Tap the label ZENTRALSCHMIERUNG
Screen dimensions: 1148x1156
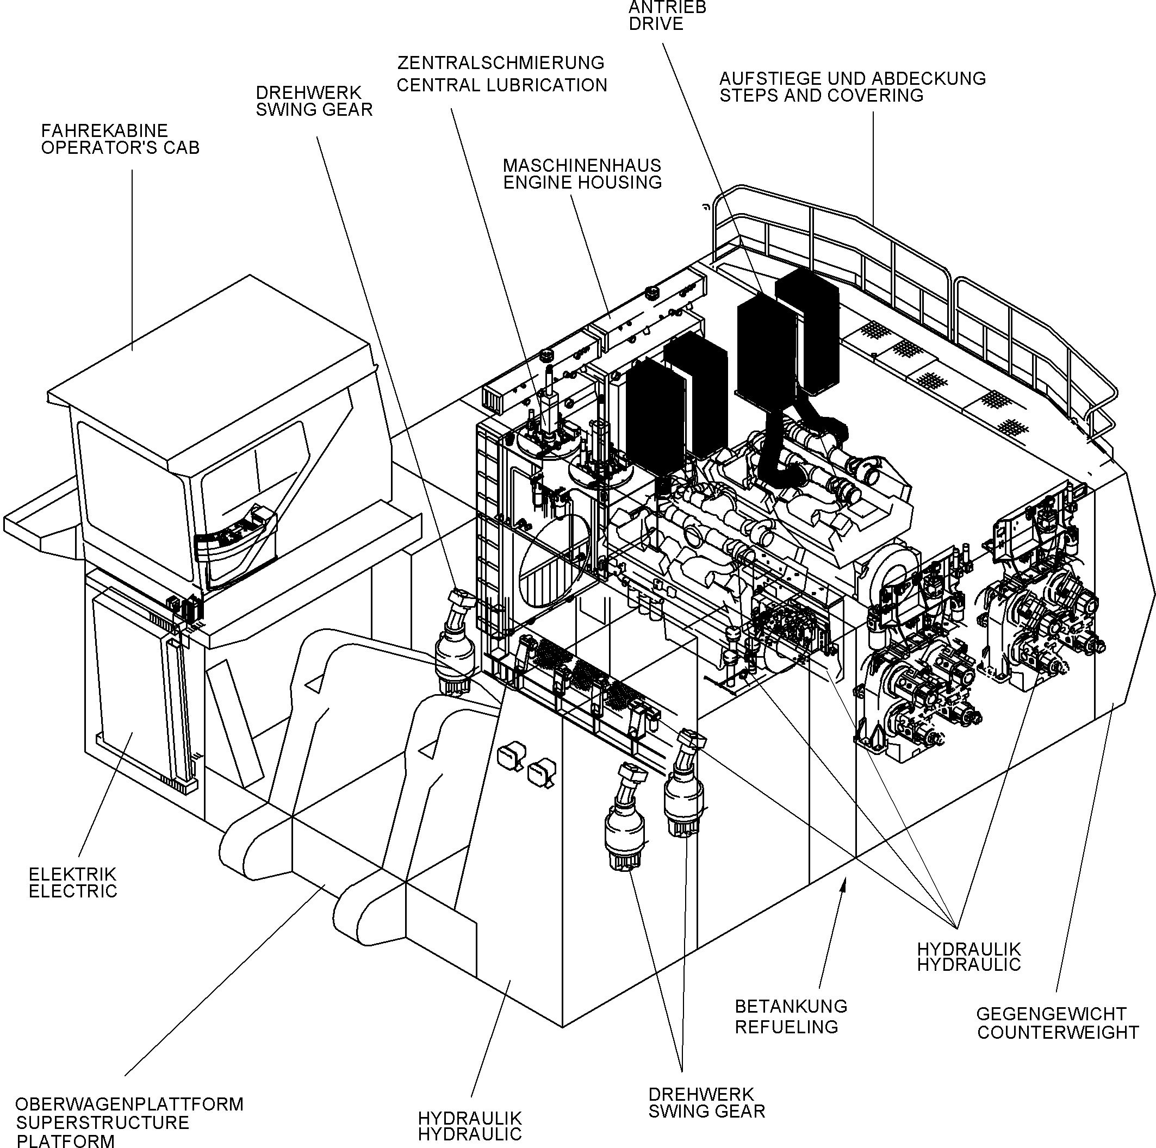(500, 63)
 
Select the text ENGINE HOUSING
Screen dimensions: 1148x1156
(582, 183)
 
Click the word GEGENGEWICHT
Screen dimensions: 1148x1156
(1051, 1014)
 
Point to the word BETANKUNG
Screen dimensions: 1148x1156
(791, 1006)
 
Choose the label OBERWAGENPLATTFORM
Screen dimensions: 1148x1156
(129, 1104)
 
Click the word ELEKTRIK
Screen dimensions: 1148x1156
(72, 874)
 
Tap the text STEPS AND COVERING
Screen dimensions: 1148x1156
(821, 95)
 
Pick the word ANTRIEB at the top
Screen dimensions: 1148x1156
(667, 7)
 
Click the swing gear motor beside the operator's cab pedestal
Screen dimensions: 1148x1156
(455, 643)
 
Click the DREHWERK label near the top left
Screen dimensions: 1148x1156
(308, 93)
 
